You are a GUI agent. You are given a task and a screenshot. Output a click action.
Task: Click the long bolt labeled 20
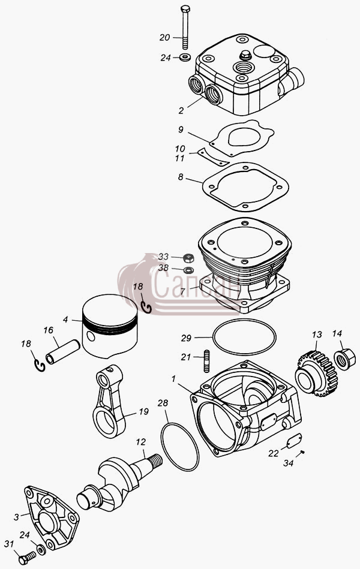(185, 27)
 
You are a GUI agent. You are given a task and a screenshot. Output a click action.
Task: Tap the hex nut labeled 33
(188, 258)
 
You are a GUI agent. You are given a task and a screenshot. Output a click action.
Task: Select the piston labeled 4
(110, 326)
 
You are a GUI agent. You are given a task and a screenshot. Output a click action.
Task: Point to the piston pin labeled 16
(62, 351)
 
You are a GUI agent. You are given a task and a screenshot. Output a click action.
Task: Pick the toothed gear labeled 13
(317, 374)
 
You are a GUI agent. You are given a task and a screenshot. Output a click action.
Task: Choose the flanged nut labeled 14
(344, 359)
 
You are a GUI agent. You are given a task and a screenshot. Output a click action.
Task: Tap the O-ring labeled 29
(244, 337)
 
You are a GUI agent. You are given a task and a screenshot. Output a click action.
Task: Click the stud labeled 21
(207, 361)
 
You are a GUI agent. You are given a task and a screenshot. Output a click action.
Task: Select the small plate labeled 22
(294, 441)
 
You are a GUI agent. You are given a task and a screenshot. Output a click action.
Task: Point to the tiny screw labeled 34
(302, 452)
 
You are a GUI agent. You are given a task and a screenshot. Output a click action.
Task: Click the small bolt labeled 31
(27, 558)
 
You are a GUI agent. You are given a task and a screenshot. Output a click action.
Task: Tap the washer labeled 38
(188, 270)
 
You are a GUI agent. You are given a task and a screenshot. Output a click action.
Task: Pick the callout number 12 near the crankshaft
(141, 442)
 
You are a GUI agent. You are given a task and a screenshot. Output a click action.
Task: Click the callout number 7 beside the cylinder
(183, 291)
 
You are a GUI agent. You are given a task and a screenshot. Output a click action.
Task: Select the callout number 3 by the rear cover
(16, 517)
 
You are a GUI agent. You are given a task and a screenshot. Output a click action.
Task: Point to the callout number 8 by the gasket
(181, 177)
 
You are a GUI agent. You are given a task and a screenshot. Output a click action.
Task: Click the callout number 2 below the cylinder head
(181, 111)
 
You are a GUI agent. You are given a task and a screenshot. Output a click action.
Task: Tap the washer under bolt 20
(186, 57)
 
